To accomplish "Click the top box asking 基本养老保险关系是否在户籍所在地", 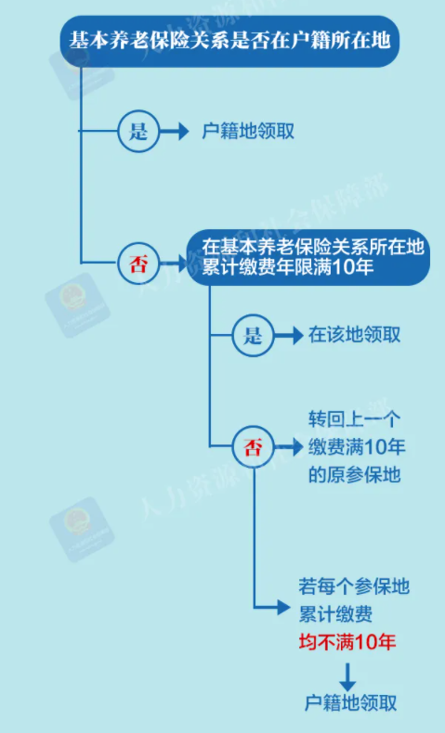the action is click(229, 41).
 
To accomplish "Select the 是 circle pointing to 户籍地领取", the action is click(138, 132).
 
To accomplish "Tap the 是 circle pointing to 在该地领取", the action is click(253, 335).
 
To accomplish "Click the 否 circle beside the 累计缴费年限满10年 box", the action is click(138, 264).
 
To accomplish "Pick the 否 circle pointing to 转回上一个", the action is click(253, 447).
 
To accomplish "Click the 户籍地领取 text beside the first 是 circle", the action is click(248, 132).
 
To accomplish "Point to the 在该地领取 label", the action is click(354, 335).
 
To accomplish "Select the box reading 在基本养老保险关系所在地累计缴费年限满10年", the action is click(308, 258).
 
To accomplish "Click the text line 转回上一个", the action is click(354, 419).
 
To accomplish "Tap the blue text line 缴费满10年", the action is click(357, 447).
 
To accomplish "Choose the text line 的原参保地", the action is click(354, 474).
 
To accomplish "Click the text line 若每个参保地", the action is click(354, 586).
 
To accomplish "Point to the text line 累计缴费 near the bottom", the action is click(335, 614).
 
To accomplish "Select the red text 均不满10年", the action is click(347, 642).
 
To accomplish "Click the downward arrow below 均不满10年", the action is click(347, 676).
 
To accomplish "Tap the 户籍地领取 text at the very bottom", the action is click(350, 703).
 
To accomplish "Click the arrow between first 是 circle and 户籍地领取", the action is click(174, 132).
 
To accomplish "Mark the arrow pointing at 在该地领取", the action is click(289, 335).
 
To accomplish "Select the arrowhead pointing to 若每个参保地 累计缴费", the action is click(283, 608).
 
